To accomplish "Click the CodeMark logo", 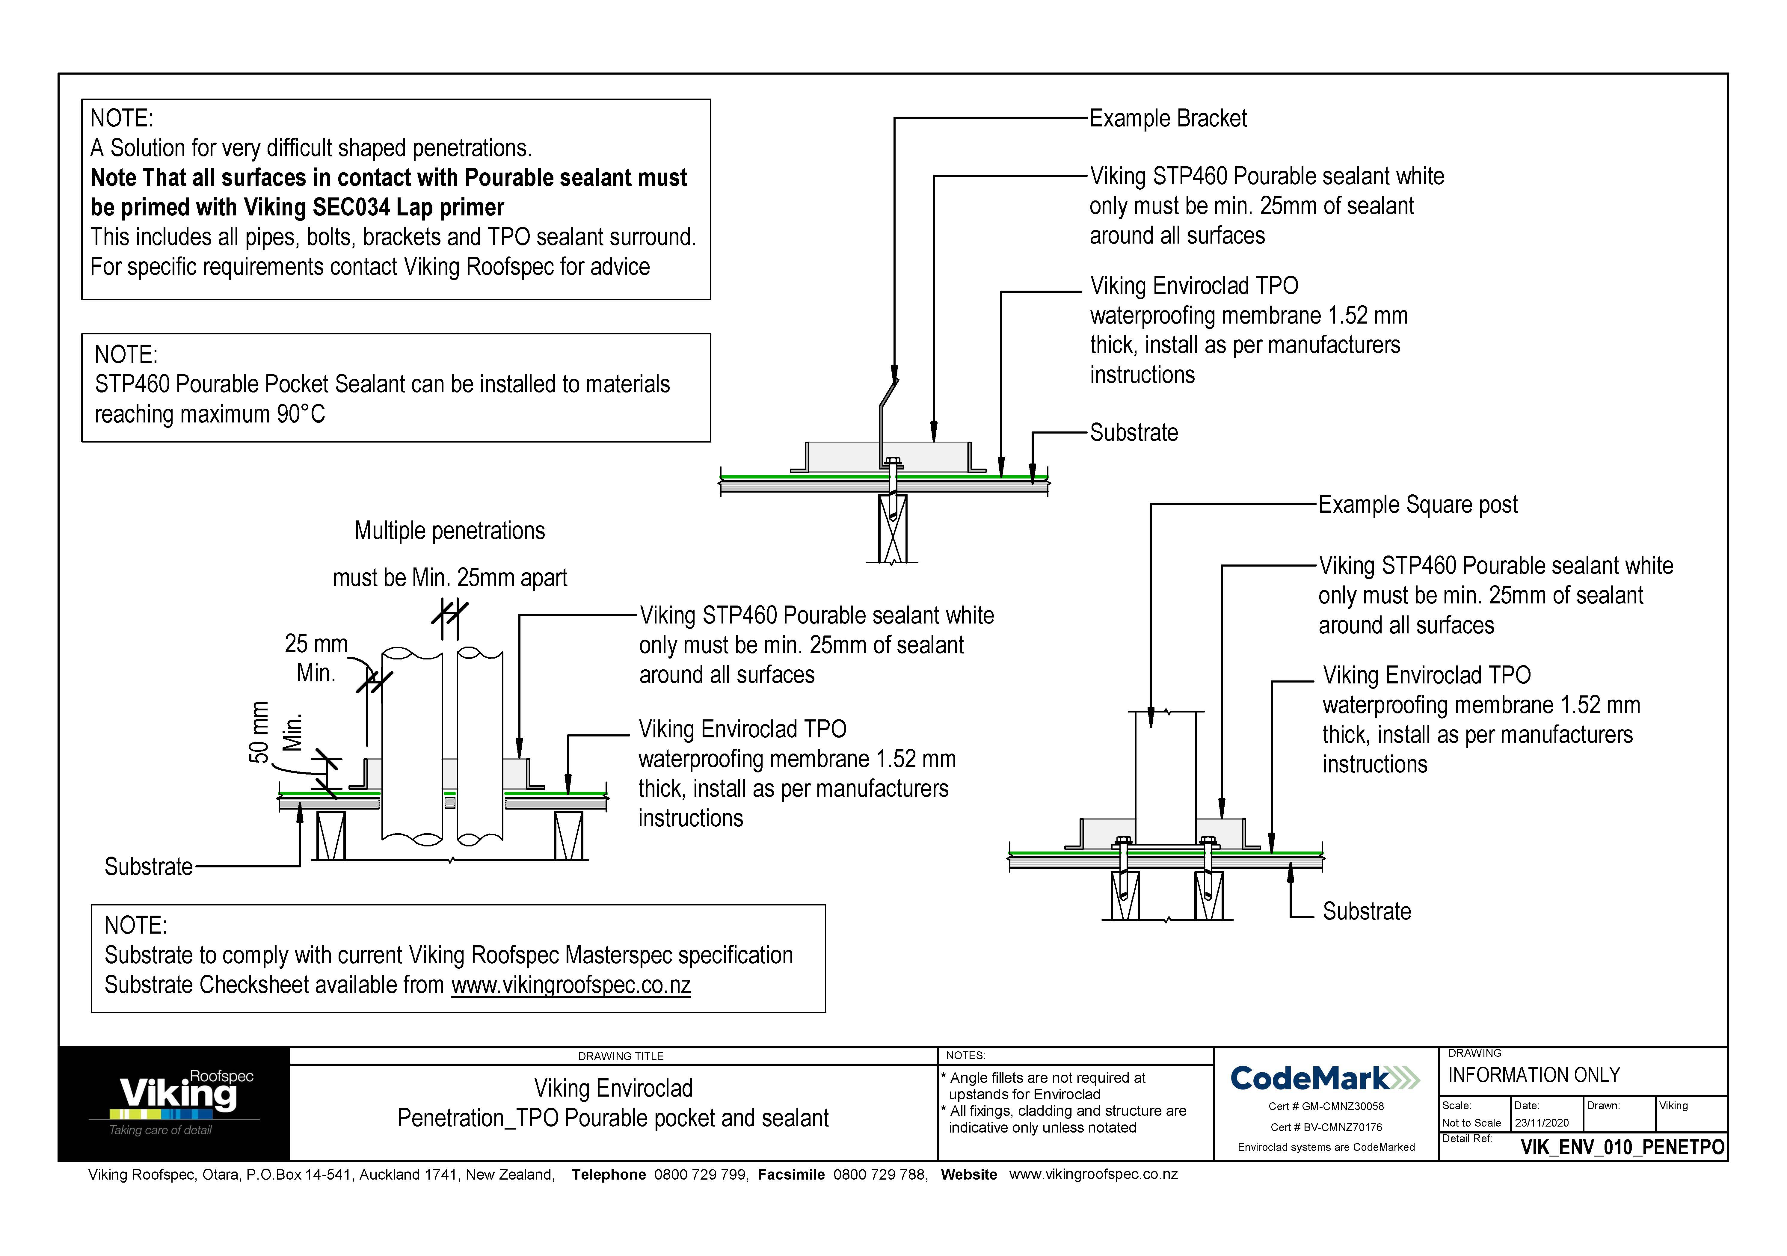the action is tap(1326, 1078).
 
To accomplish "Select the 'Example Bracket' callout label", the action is tap(1167, 118).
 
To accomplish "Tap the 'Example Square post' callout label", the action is tap(1417, 504).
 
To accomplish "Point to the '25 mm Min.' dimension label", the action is tap(316, 658).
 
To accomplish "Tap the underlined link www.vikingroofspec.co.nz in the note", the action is tap(570, 985).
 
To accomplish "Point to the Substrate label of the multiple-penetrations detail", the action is tap(149, 866).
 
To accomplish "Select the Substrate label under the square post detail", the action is tap(1367, 911).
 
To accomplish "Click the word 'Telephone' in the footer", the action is tap(609, 1174).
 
